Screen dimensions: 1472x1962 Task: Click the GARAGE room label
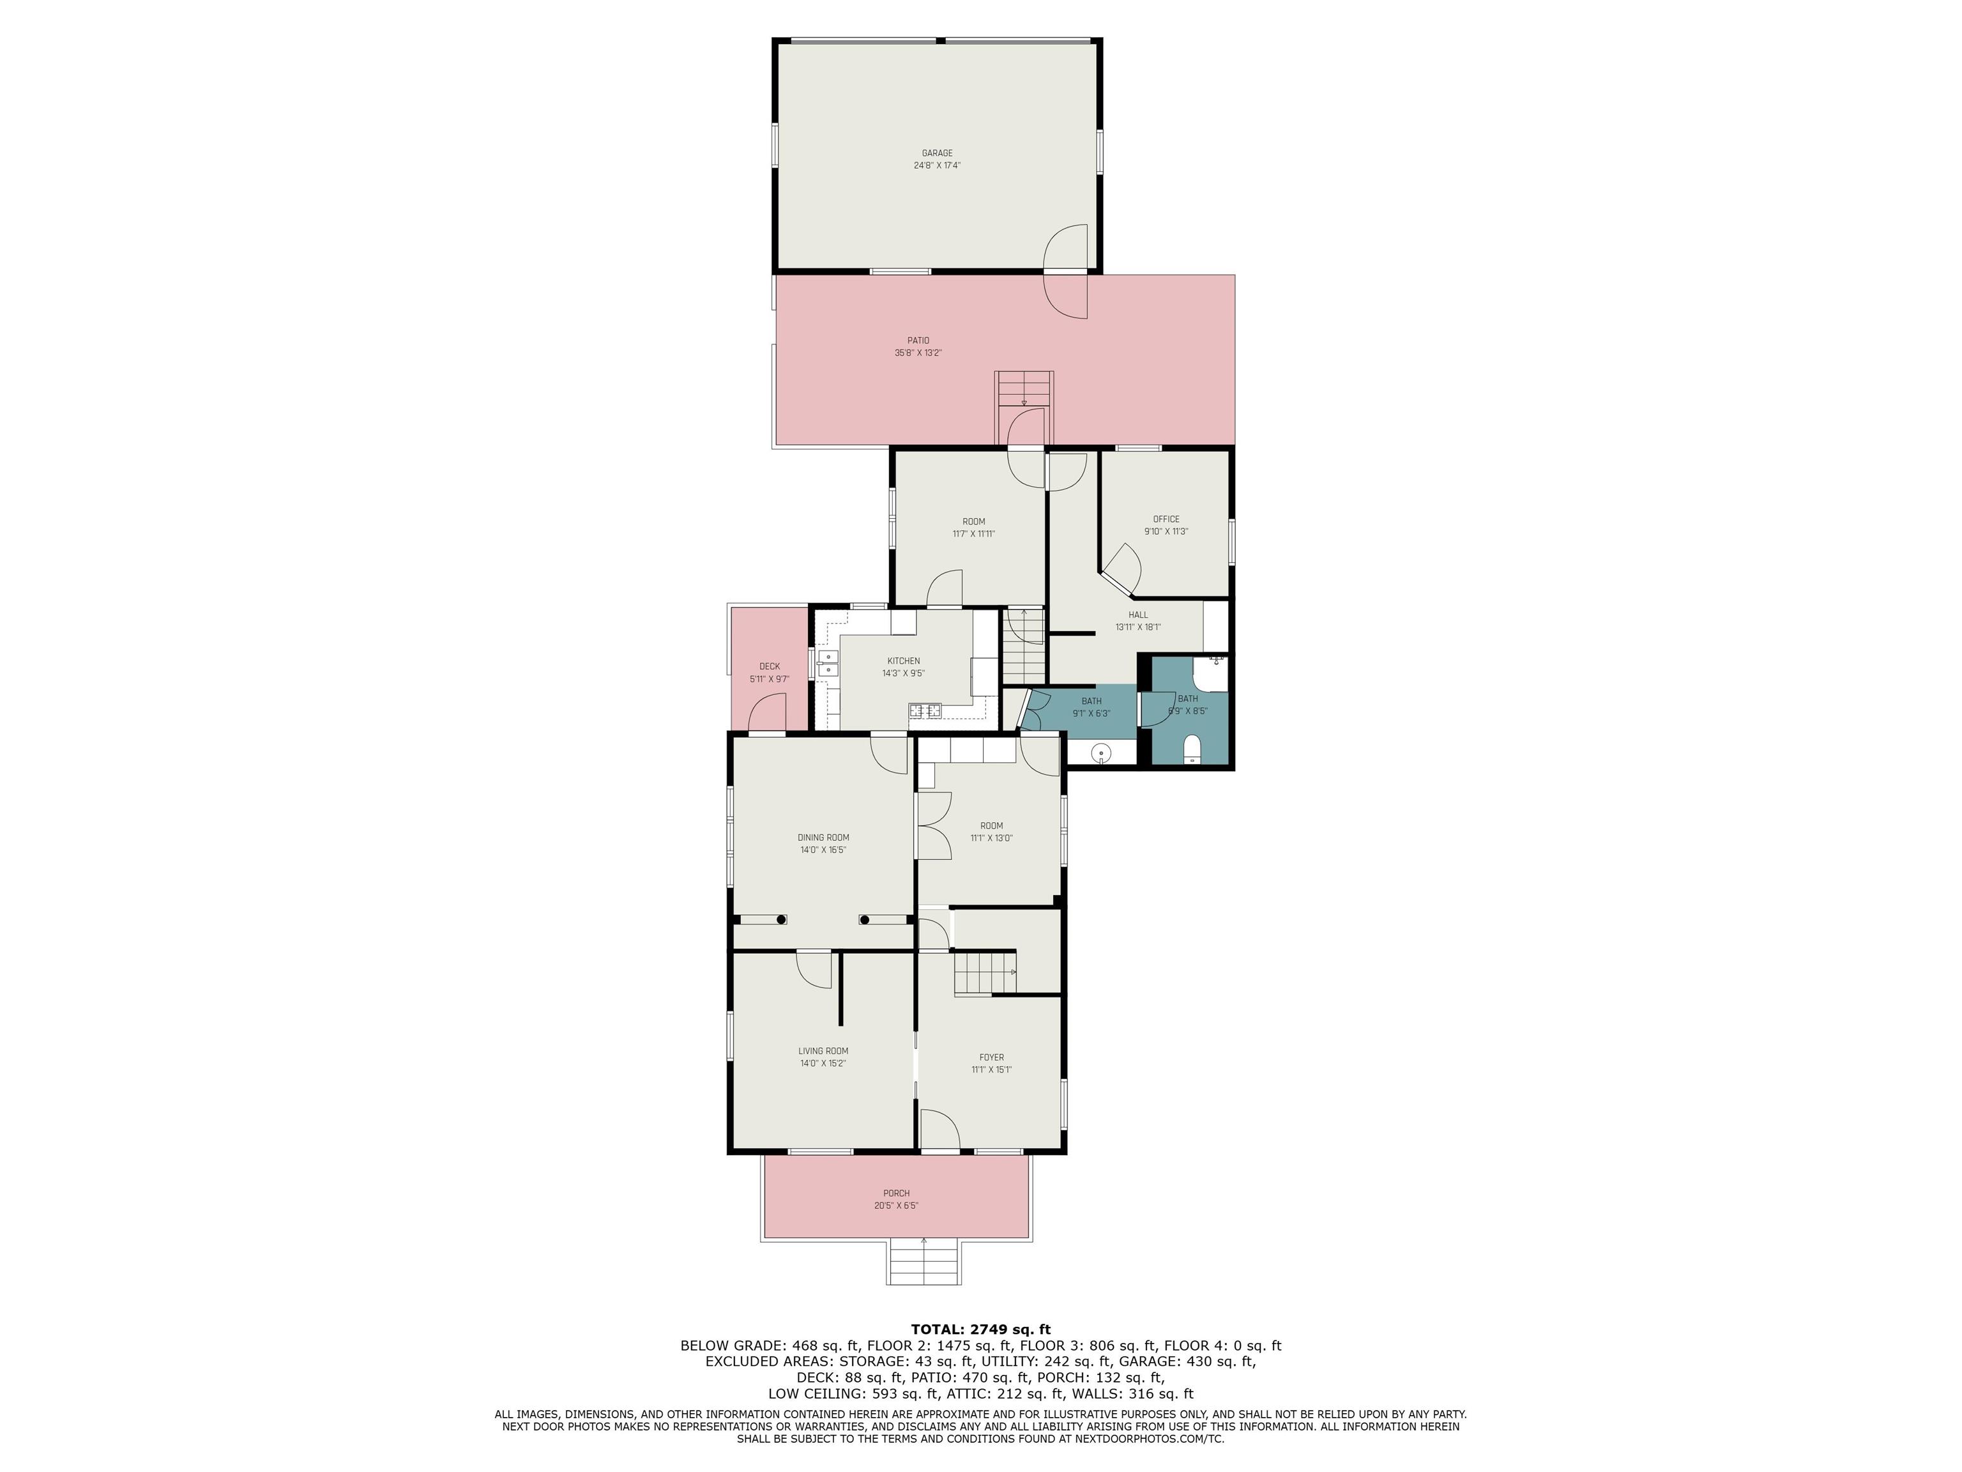[937, 153]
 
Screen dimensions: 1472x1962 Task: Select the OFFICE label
[1166, 519]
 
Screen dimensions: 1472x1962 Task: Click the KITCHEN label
[903, 661]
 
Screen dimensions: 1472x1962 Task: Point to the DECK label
[769, 666]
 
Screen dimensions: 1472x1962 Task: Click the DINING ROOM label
[823, 838]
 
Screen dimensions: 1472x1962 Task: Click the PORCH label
[896, 1193]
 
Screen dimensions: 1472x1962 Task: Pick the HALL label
[1138, 615]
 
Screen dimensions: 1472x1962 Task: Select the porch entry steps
[924, 1262]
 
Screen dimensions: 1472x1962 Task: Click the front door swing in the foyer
[939, 1129]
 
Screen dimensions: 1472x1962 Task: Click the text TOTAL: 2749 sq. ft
[980, 1329]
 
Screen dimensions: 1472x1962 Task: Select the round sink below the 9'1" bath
[1100, 753]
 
